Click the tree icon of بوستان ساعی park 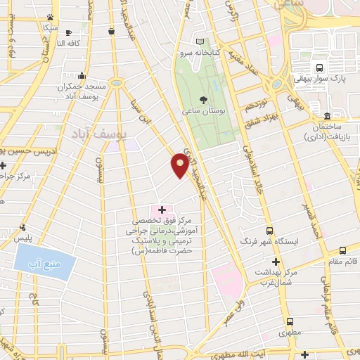[x=203, y=99]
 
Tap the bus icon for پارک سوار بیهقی [x=320, y=68]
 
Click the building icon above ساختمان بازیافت [x=327, y=115]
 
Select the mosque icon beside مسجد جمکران [x=83, y=75]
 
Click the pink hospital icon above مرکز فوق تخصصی [x=162, y=210]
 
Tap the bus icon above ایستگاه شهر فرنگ [x=269, y=230]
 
